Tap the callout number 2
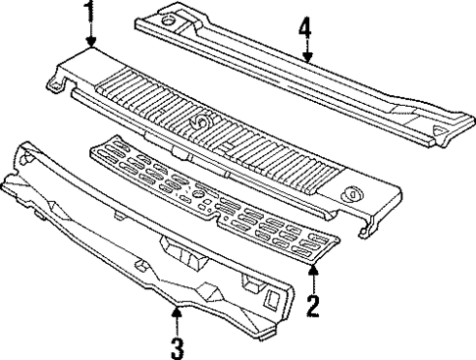[x=312, y=306]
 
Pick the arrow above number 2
[x=312, y=277]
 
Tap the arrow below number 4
[x=306, y=54]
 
